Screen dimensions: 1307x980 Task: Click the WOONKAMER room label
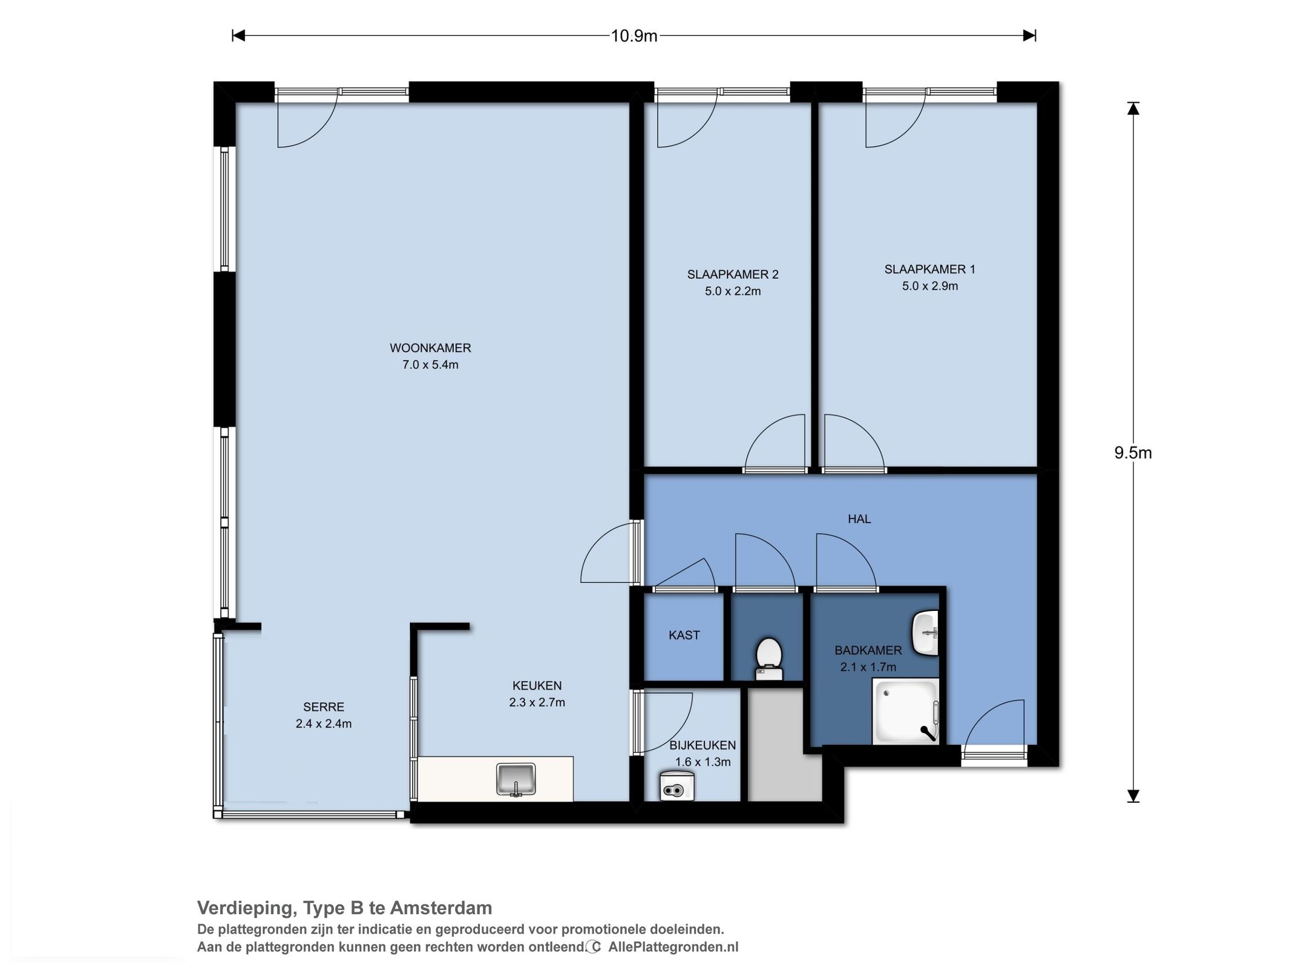430,348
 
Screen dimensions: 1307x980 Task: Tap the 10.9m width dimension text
634,36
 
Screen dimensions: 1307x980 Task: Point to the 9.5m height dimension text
1133,453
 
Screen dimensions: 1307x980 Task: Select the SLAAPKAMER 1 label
929,269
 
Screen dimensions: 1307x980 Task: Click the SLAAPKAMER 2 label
732,274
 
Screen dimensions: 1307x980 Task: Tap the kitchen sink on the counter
516,779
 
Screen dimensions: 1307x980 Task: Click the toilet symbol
768,658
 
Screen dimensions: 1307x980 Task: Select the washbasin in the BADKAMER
926,633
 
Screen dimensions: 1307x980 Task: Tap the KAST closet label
684,635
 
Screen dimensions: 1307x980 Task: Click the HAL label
859,519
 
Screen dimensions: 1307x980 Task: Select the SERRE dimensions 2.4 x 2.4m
324,724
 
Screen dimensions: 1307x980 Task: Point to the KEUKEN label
537,685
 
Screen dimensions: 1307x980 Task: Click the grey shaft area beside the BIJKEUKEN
784,745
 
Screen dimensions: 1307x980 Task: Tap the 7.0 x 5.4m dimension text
430,365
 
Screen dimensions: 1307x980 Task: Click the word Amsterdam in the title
441,908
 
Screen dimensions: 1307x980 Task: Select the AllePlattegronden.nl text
673,947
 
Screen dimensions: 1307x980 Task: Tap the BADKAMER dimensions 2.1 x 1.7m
868,667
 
